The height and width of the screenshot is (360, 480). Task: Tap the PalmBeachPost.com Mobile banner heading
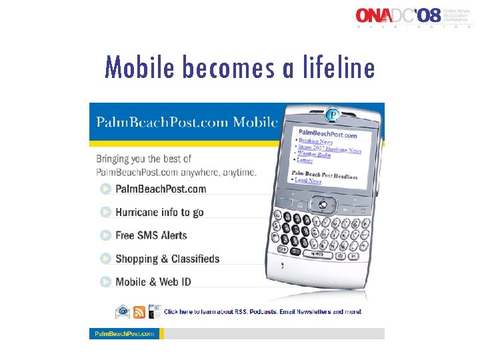pos(186,122)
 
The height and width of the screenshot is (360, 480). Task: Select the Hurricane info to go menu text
pos(159,212)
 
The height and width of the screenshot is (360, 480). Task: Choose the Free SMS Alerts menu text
pos(151,235)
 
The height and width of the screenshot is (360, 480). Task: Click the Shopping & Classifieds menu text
pos(167,259)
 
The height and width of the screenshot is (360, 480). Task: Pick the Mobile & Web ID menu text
pos(153,282)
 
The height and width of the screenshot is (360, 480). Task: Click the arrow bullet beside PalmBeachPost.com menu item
pos(106,189)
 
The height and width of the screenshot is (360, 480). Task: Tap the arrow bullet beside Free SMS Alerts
pos(106,235)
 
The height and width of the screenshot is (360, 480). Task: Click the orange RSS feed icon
pos(139,312)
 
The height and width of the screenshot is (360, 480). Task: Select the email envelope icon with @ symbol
pos(123,312)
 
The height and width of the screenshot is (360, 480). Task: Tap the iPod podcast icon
pos(155,312)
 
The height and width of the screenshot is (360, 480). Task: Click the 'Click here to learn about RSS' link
pos(263,312)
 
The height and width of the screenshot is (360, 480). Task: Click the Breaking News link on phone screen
pos(315,141)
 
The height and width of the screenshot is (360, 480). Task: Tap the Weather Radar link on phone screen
pos(314,155)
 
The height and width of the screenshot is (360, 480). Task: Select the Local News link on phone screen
pos(307,181)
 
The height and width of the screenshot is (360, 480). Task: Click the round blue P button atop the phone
pos(331,115)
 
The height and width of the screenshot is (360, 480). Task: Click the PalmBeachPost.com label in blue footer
pos(125,333)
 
